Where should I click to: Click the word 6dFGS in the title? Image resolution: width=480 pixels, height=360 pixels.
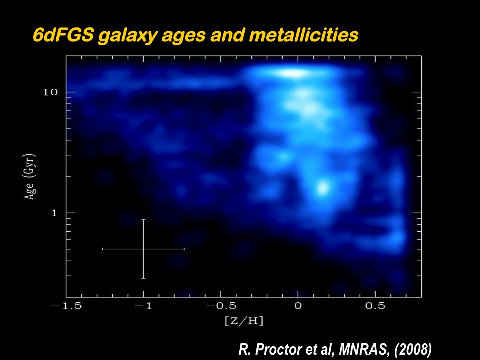(x=63, y=35)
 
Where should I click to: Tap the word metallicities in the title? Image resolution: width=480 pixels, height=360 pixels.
(x=304, y=35)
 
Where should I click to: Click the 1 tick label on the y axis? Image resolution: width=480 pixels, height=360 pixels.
(x=54, y=213)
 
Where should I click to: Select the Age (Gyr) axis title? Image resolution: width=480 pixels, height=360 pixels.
(x=30, y=177)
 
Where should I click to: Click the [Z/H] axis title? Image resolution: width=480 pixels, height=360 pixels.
(x=244, y=321)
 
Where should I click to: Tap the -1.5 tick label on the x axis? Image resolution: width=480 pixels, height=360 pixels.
(x=67, y=306)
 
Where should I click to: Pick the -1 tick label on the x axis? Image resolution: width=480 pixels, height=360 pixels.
(x=143, y=306)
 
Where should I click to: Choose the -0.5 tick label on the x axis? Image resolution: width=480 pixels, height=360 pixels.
(x=221, y=306)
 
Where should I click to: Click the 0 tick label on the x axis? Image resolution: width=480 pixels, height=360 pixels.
(x=298, y=306)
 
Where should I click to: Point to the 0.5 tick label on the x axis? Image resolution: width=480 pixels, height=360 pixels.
(x=375, y=306)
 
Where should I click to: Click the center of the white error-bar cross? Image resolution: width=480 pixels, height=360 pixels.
(x=143, y=249)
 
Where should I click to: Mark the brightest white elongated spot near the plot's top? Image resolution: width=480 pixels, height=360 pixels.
(x=292, y=73)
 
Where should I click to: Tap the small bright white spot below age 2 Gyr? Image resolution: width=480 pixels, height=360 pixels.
(x=323, y=188)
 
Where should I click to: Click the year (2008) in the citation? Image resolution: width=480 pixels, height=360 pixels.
(x=413, y=349)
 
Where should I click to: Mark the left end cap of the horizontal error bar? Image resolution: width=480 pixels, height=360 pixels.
(x=102, y=249)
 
